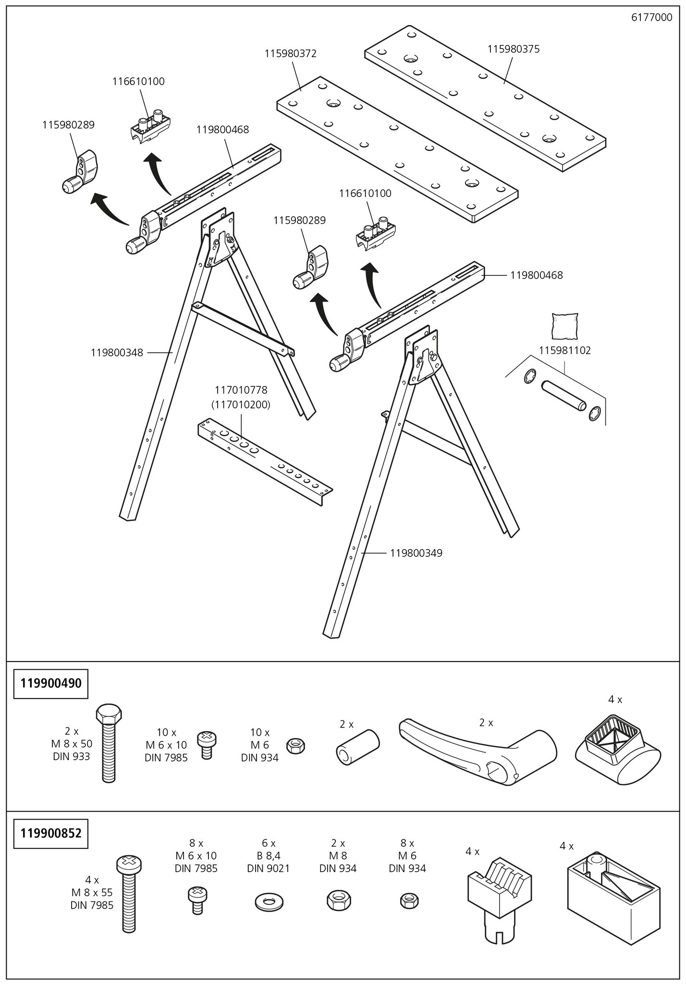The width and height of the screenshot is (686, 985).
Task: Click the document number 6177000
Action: pos(651,18)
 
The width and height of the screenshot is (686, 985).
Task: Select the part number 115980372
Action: pos(290,53)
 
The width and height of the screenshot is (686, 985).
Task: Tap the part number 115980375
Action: pos(513,49)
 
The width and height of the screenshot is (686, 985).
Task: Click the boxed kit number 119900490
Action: pos(50,683)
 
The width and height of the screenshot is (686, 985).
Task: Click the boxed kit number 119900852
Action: pos(50,833)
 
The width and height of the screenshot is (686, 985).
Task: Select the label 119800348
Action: pos(117,353)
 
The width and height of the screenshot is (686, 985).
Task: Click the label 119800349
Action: pos(416,553)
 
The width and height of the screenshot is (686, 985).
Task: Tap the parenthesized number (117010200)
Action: pos(241,405)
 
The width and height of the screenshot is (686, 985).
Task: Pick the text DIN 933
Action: pos(72,756)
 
